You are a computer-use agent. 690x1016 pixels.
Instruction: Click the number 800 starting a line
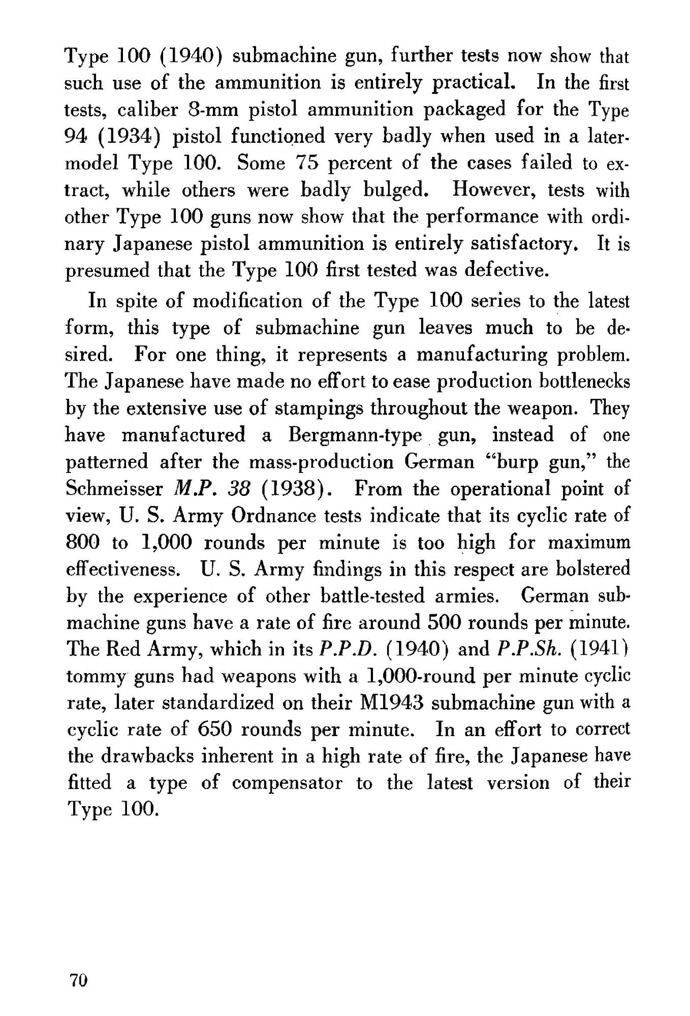tap(84, 543)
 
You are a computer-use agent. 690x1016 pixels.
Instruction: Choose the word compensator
tap(287, 784)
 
